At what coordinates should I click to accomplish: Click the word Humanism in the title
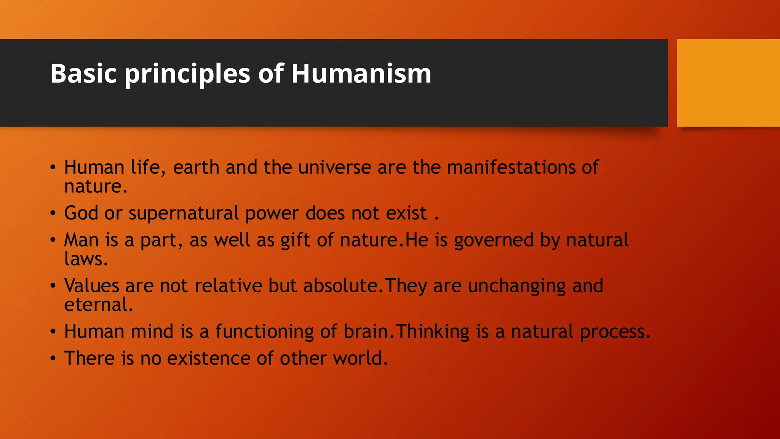(x=361, y=73)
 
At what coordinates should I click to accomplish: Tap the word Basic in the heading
(x=83, y=73)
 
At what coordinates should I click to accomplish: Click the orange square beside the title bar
(x=728, y=83)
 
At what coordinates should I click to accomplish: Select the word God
(x=81, y=213)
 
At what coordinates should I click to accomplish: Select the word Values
(x=91, y=286)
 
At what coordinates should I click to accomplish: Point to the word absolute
(x=341, y=286)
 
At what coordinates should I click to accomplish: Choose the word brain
(x=366, y=332)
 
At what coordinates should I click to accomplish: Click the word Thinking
(x=433, y=332)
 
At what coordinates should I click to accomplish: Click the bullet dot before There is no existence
(x=53, y=358)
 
